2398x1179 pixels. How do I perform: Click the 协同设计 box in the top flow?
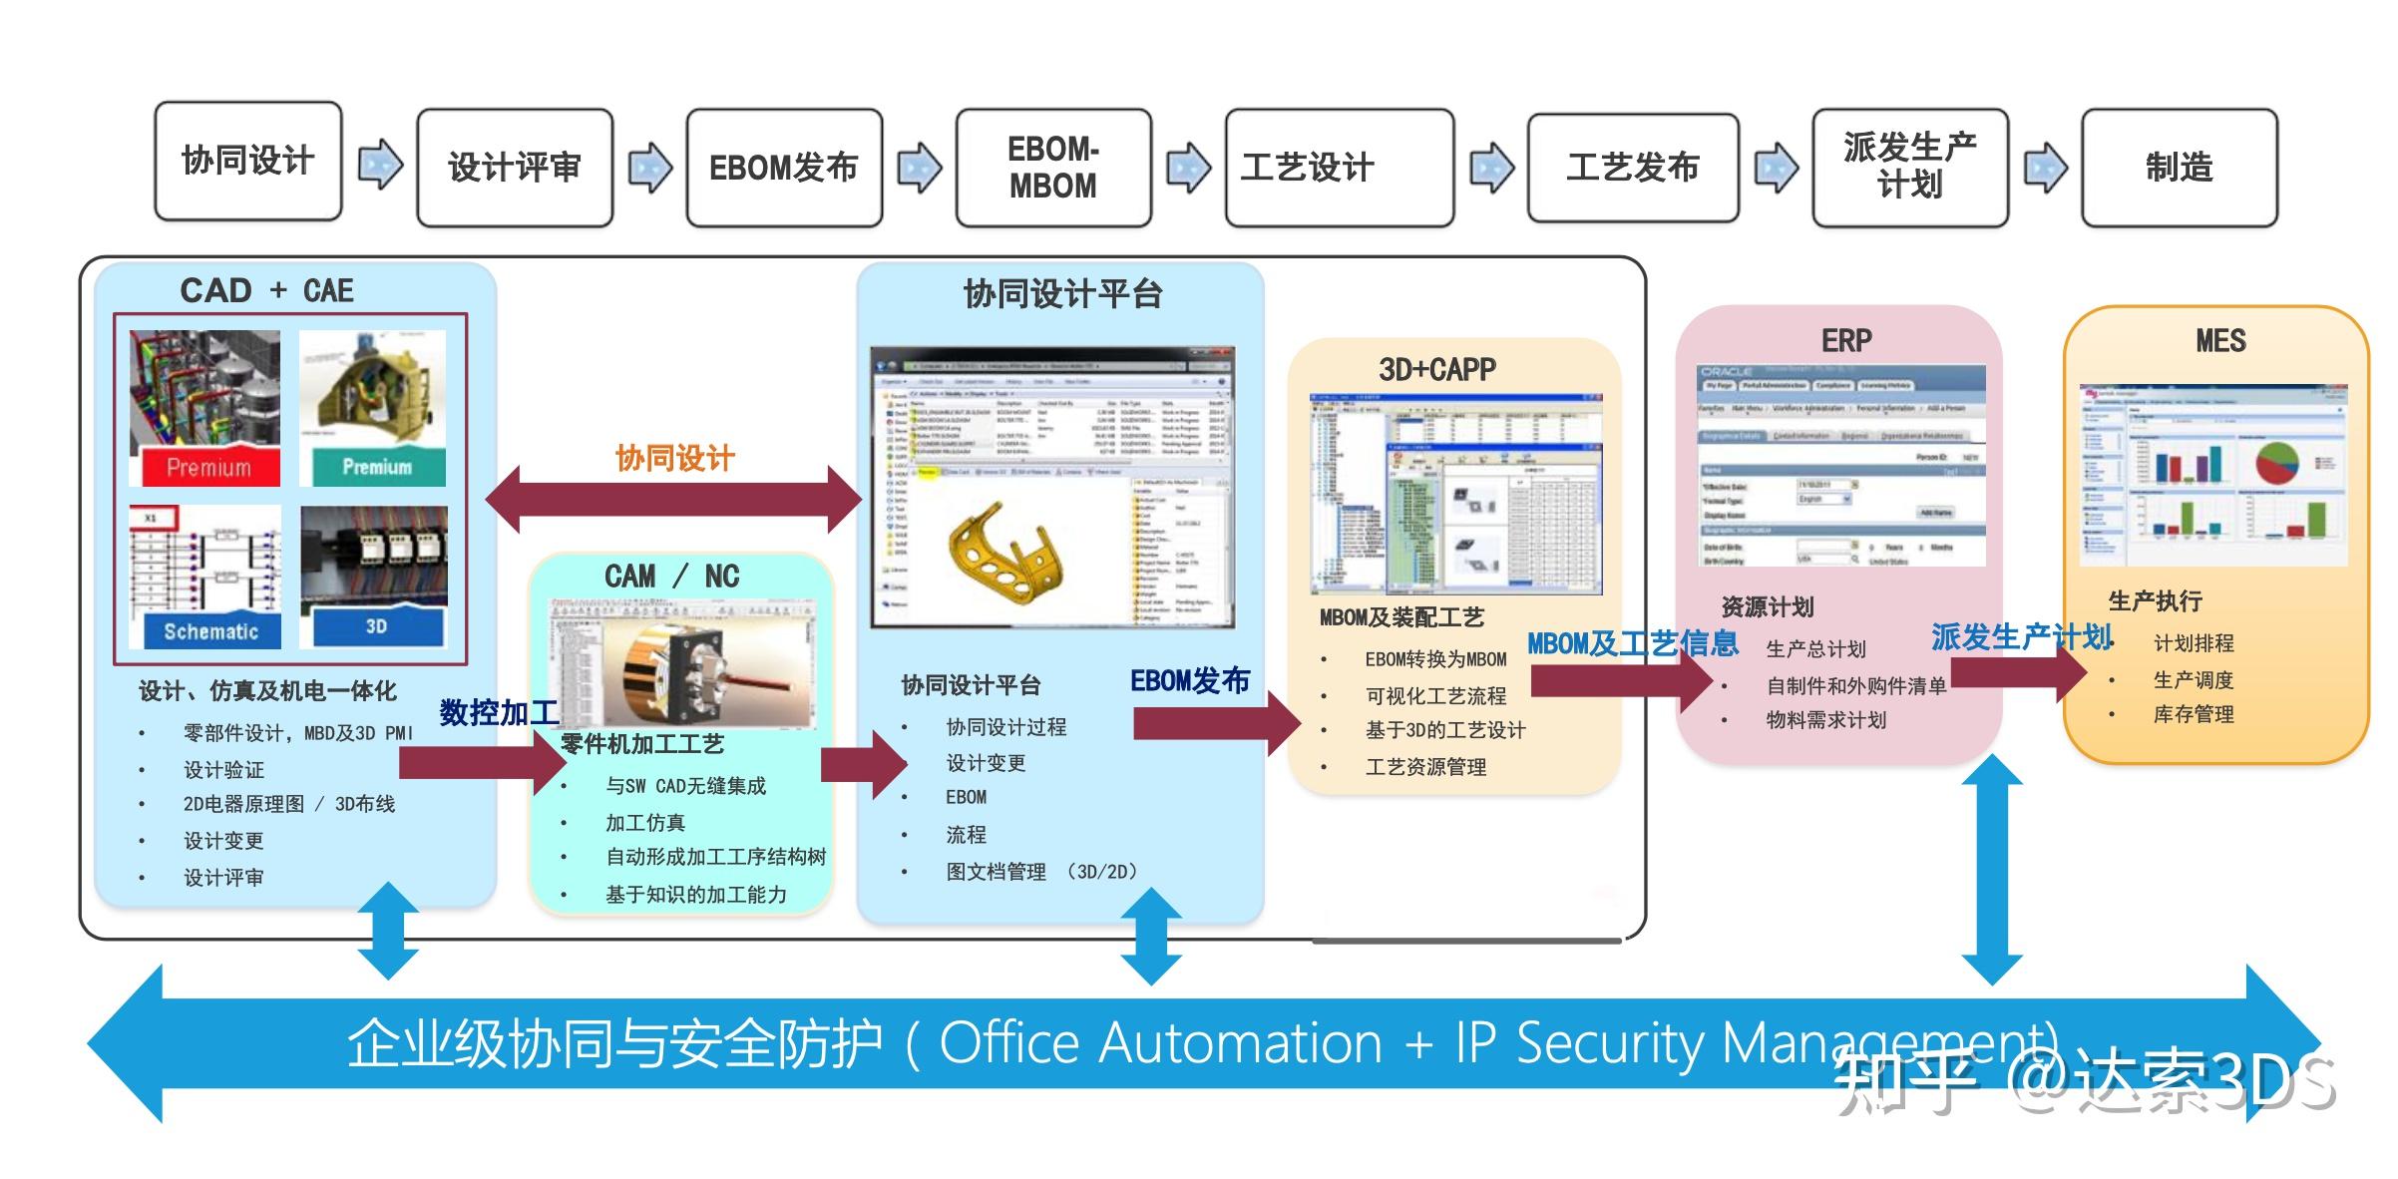[x=247, y=161]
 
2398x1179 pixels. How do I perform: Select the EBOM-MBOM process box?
[x=1053, y=168]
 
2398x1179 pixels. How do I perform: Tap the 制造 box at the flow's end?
[x=2179, y=168]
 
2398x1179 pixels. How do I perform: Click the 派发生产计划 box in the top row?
[x=1909, y=168]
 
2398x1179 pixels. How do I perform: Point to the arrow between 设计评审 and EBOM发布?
[x=649, y=167]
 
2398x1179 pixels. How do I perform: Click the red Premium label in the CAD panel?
[x=208, y=467]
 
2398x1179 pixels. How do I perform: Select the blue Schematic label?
[x=210, y=631]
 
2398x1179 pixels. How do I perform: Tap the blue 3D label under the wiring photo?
[x=376, y=626]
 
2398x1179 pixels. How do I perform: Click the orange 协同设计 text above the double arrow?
[x=675, y=459]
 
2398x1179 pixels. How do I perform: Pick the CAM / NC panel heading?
[x=672, y=577]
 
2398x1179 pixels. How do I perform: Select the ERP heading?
[x=1846, y=341]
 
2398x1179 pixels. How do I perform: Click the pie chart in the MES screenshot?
[x=2277, y=464]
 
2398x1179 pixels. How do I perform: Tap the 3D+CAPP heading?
[x=1437, y=370]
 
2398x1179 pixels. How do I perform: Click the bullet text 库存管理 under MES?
[x=2193, y=714]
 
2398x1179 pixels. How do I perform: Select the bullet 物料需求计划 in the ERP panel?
[x=1825, y=720]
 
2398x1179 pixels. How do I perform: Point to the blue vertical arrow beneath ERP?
[x=1992, y=868]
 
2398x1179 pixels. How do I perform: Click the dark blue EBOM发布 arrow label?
[x=1189, y=681]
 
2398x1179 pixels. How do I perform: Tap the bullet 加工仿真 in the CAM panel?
[x=644, y=823]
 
